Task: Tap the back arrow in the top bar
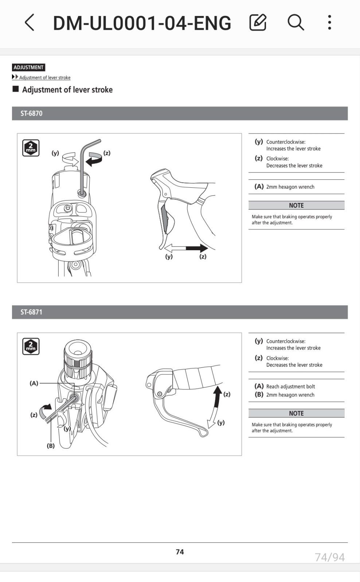pyautogui.click(x=29, y=23)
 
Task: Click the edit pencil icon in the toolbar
pyautogui.click(x=258, y=23)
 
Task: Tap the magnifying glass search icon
pyautogui.click(x=296, y=23)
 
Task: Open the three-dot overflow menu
pyautogui.click(x=329, y=23)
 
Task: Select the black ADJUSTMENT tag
pyautogui.click(x=28, y=67)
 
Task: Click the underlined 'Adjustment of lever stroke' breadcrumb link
pyautogui.click(x=45, y=77)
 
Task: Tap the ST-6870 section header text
pyautogui.click(x=31, y=113)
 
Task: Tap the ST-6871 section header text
pyautogui.click(x=31, y=312)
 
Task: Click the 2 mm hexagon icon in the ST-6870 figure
pyautogui.click(x=31, y=148)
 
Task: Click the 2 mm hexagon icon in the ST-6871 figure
pyautogui.click(x=31, y=347)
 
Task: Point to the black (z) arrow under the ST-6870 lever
pyautogui.click(x=197, y=248)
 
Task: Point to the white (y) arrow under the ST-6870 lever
pyautogui.click(x=175, y=248)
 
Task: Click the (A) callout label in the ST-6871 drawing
pyautogui.click(x=34, y=383)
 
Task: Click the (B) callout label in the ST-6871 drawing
pyautogui.click(x=51, y=446)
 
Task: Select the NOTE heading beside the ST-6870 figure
pyautogui.click(x=296, y=206)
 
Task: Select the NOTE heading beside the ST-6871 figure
pyautogui.click(x=296, y=413)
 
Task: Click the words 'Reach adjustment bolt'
pyautogui.click(x=290, y=386)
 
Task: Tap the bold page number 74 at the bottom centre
pyautogui.click(x=180, y=552)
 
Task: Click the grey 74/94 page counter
pyautogui.click(x=329, y=557)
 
